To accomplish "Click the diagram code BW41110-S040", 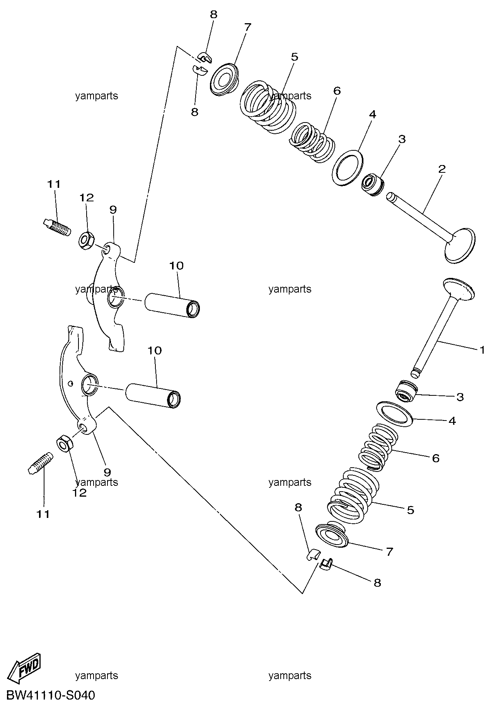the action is (x=50, y=696).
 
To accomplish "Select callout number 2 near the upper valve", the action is (x=442, y=169).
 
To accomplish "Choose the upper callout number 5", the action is (x=295, y=57).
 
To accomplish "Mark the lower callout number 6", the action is (x=436, y=458).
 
